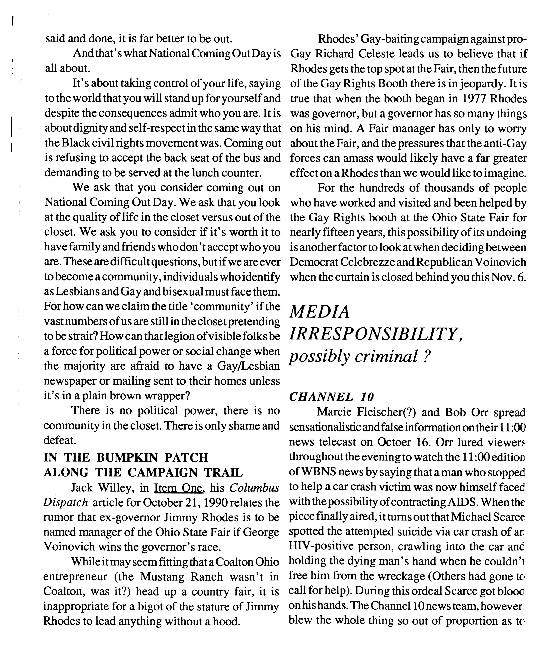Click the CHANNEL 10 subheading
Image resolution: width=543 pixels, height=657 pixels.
(x=332, y=397)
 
